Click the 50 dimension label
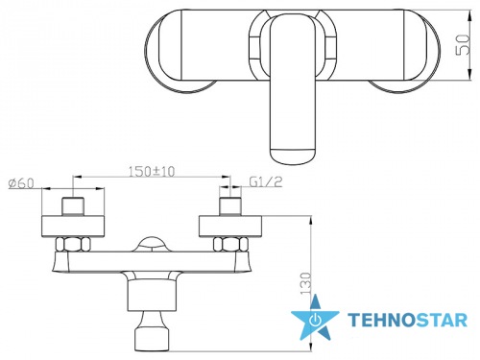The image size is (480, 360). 463,44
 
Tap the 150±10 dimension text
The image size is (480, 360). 152,172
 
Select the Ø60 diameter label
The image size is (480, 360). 21,183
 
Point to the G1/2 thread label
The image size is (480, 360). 266,181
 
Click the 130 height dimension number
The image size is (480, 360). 306,284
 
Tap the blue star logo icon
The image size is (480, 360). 315,318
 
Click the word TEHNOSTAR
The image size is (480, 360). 407,321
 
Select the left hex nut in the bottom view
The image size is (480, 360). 73,245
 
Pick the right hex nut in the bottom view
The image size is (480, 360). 230,245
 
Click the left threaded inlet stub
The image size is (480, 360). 73,206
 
